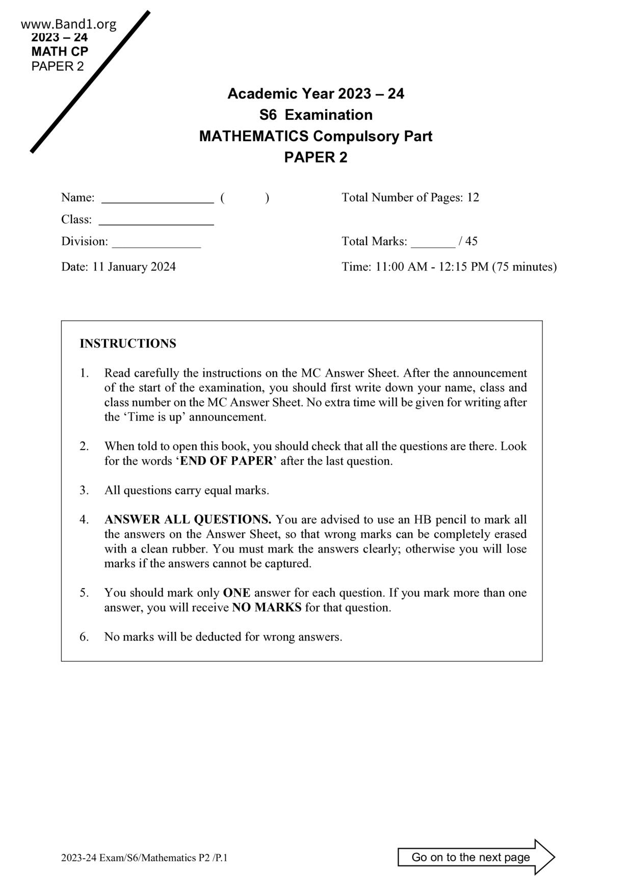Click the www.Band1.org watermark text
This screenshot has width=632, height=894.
coord(68,24)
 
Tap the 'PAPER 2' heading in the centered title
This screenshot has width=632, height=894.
coord(315,157)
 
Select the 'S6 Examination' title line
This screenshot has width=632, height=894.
coord(315,115)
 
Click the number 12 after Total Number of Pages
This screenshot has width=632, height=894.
coord(472,197)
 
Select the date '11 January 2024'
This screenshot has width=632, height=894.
coord(134,267)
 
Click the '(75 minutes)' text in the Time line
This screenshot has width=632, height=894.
coord(524,267)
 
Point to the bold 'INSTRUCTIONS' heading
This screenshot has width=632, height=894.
coord(128,344)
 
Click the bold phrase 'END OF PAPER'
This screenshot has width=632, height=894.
coord(227,461)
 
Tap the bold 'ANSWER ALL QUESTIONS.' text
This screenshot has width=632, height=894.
coord(188,519)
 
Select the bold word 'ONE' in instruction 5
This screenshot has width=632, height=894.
coord(236,593)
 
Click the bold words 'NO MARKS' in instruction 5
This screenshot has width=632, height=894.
coord(267,608)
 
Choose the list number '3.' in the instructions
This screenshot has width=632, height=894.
coord(84,490)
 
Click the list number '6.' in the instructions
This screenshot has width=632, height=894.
coord(84,637)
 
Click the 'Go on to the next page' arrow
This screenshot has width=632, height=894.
coord(476,857)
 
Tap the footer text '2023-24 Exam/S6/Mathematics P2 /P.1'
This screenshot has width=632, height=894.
coord(144,858)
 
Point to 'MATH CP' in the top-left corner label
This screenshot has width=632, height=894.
coord(60,51)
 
